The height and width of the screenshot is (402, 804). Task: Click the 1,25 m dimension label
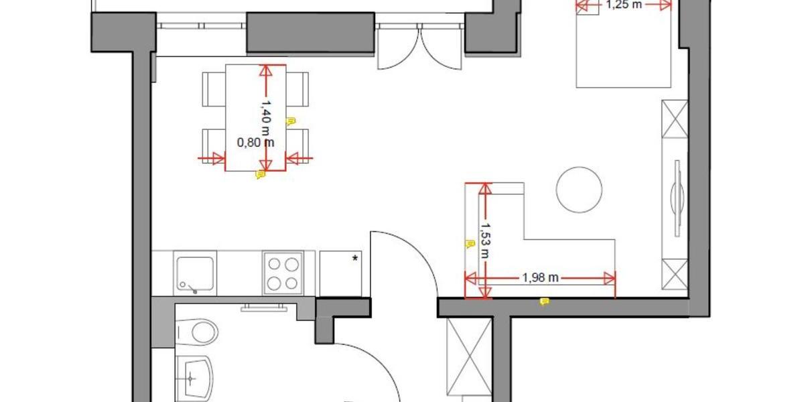[x=623, y=5]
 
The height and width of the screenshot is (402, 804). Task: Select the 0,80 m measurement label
[x=256, y=142]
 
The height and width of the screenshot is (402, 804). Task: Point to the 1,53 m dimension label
[x=484, y=239]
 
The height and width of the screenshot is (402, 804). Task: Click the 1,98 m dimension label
[x=539, y=277]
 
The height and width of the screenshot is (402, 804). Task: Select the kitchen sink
[x=195, y=273]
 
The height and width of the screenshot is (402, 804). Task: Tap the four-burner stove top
[x=281, y=273]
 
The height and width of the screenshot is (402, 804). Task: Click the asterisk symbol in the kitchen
[x=355, y=257]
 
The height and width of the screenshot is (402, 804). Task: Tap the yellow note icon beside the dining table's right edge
[x=291, y=121]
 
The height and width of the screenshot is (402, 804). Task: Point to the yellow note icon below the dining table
[x=261, y=175]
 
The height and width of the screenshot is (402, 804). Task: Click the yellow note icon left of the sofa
[x=468, y=245]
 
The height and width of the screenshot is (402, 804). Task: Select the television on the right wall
[x=677, y=197]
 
